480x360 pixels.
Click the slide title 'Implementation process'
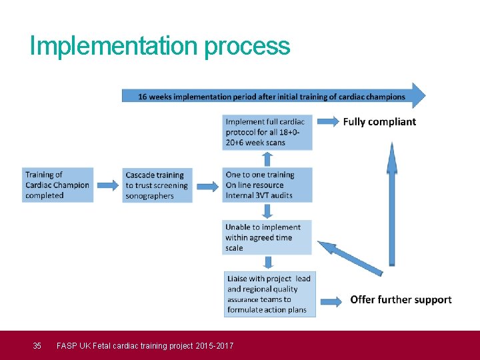(160, 46)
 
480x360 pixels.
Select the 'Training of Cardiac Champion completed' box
(57, 185)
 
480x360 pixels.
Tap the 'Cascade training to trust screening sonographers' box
(157, 185)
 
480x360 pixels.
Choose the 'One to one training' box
(267, 185)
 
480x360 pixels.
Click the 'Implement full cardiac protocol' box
(267, 132)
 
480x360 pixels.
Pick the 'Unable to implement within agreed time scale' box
(267, 237)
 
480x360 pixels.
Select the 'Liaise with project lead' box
(269, 294)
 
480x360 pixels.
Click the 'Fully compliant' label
(379, 122)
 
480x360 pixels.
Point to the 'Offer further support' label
(401, 300)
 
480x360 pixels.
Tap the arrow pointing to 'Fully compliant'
(326, 122)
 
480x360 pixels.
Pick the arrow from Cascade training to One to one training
(207, 187)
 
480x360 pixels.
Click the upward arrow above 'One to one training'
(267, 159)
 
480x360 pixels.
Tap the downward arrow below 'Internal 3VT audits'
(267, 211)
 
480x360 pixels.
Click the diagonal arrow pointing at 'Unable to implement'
(349, 257)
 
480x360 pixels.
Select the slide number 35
(37, 345)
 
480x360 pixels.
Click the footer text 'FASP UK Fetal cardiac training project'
(145, 345)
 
